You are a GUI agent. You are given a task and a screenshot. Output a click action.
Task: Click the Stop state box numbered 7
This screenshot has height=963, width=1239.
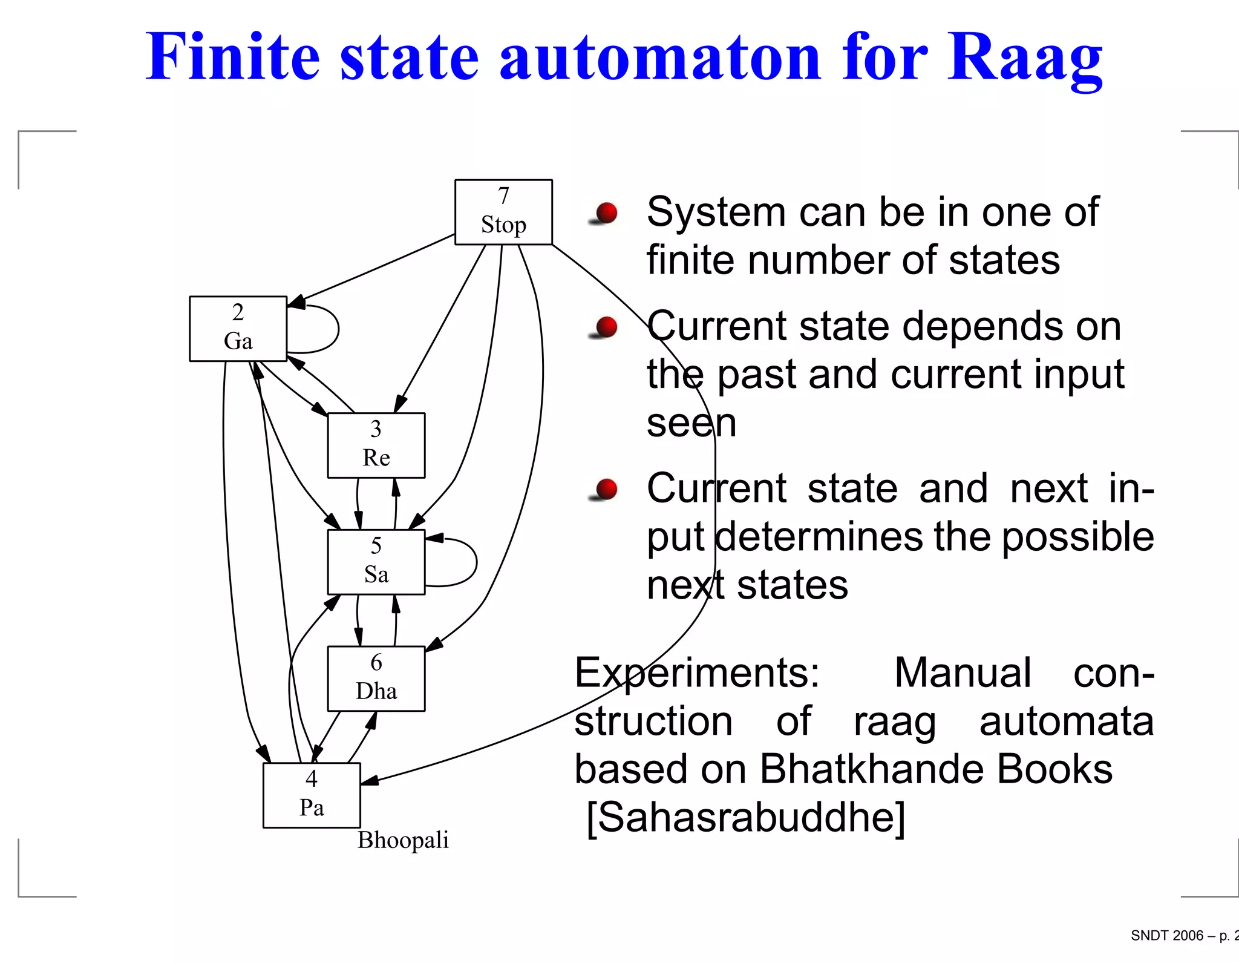point(503,212)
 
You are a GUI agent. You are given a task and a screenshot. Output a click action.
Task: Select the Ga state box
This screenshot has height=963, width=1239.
point(238,329)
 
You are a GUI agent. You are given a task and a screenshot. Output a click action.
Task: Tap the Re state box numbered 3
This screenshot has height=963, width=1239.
point(376,445)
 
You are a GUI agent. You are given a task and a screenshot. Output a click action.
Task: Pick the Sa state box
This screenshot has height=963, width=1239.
point(376,562)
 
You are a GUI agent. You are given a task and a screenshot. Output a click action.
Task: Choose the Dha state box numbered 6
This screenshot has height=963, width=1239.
point(376,679)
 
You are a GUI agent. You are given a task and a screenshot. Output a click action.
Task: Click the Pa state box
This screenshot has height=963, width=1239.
point(312,795)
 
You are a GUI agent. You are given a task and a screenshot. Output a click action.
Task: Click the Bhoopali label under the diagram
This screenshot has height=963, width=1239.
point(403,840)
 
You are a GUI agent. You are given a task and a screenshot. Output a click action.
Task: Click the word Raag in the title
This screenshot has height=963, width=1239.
point(1025,58)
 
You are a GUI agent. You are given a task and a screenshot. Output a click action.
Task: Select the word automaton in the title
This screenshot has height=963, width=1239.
point(659,58)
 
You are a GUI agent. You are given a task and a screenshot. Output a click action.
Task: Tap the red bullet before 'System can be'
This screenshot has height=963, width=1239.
point(606,213)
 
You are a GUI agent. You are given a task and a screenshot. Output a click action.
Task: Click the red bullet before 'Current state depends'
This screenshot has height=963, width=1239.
point(606,327)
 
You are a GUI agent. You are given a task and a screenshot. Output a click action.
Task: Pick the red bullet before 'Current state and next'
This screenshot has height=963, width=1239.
point(606,489)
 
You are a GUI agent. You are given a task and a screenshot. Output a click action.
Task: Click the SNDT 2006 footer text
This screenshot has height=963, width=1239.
point(1168,936)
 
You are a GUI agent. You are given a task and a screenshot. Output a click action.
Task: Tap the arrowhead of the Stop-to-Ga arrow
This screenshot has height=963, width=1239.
point(296,302)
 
